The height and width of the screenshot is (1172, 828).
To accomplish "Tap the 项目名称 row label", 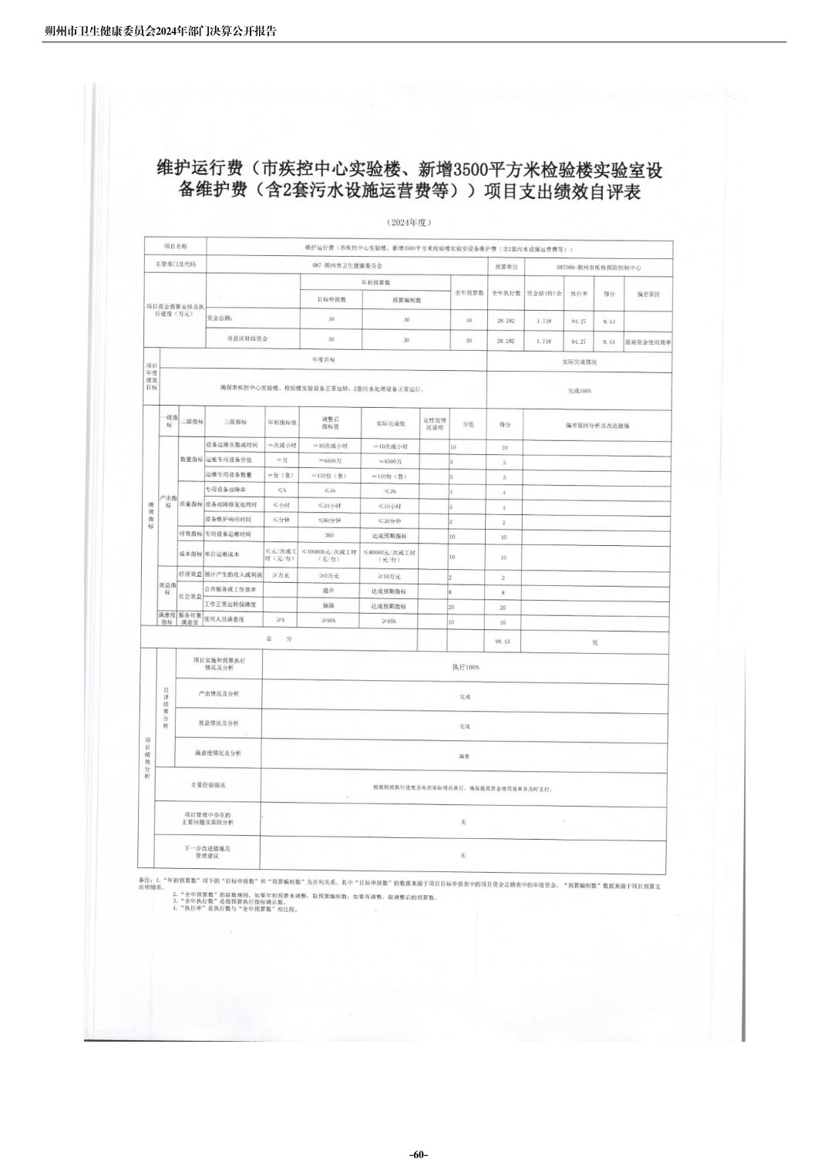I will (175, 247).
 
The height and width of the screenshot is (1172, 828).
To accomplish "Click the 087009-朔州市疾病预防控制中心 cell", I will (598, 267).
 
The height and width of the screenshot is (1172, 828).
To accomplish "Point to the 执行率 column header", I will (579, 294).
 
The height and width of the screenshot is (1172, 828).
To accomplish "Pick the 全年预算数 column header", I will (469, 293).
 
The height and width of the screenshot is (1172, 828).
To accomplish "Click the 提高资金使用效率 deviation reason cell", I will (648, 341).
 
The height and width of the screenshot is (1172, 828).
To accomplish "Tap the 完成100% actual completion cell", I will (579, 391).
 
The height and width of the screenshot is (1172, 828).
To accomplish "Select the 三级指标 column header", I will (235, 423).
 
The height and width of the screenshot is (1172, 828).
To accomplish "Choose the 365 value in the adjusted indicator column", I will (329, 535).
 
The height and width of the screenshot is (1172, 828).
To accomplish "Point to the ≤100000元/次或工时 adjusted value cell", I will (329, 555).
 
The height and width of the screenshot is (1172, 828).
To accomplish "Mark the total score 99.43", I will (503, 641).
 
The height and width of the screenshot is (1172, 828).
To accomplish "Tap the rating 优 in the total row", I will (595, 642).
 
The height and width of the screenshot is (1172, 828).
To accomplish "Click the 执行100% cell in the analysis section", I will (465, 667).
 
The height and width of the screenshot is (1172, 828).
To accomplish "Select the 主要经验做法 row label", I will (208, 785).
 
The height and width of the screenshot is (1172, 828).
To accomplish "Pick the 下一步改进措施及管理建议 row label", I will (207, 852).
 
